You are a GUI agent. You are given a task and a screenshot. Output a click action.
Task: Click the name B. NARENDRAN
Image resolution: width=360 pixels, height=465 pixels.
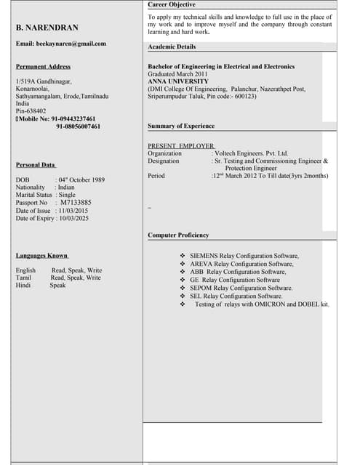tap(47, 28)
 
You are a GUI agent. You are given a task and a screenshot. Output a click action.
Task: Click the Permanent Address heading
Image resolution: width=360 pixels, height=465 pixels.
tap(43, 67)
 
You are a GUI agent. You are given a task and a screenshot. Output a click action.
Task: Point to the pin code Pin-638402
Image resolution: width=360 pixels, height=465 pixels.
tap(31, 110)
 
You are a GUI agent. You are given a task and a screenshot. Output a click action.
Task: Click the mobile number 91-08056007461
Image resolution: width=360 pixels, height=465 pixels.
tap(78, 126)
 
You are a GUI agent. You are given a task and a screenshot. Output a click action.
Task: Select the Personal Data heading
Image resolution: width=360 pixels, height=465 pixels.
tap(36, 165)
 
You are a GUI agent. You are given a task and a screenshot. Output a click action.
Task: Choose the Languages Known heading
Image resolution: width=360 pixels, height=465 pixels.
tap(42, 256)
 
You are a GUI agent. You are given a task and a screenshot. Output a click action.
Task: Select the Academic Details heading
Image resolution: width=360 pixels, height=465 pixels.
tap(172, 46)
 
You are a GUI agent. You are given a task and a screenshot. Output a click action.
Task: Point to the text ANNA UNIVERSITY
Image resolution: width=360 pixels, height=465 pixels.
tap(177, 81)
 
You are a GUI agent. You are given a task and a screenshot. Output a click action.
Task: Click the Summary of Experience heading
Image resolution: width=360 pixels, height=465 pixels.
tap(181, 126)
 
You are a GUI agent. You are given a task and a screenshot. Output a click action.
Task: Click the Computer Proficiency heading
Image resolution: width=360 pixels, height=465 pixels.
tap(178, 235)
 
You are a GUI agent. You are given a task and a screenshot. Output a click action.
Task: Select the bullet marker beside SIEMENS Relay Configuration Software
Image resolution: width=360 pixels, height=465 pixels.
tap(183, 256)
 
